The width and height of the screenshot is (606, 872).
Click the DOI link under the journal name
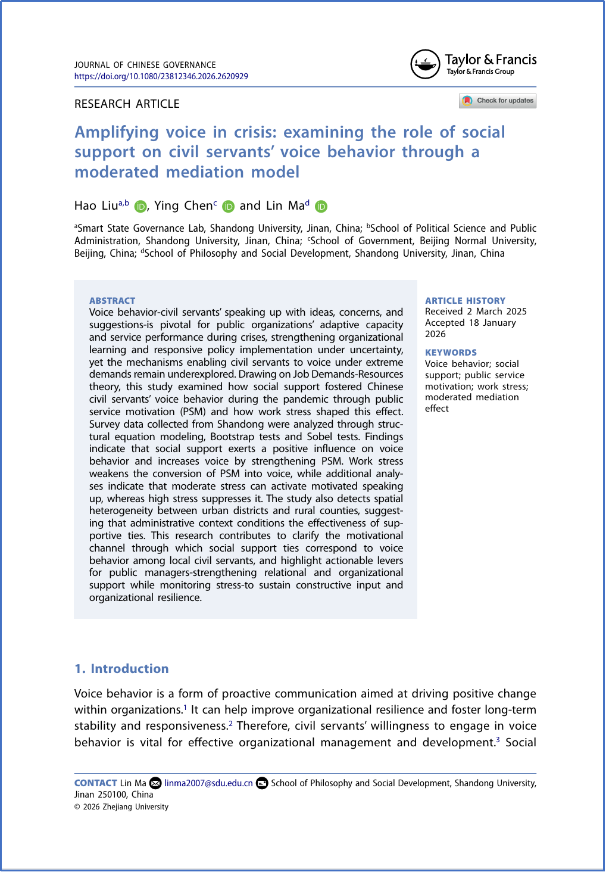161,76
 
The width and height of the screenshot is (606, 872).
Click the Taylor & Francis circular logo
425,64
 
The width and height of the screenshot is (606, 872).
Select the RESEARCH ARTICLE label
127,104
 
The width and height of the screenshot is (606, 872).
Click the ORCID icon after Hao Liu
140,207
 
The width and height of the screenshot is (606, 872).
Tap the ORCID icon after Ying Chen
229,207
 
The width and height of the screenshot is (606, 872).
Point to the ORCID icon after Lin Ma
321,207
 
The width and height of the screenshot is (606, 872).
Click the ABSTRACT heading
112,301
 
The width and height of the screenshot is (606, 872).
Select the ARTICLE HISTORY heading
465,301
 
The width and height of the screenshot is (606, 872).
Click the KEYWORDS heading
451,353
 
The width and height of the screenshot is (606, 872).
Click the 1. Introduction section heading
121,669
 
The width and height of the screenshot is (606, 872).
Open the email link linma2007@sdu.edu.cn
208,783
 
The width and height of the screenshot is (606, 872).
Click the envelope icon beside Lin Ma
155,783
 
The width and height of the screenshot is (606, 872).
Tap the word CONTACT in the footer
95,783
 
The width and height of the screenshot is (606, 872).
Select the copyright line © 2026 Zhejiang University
121,807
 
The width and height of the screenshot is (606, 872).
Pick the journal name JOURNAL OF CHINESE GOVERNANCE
145,65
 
